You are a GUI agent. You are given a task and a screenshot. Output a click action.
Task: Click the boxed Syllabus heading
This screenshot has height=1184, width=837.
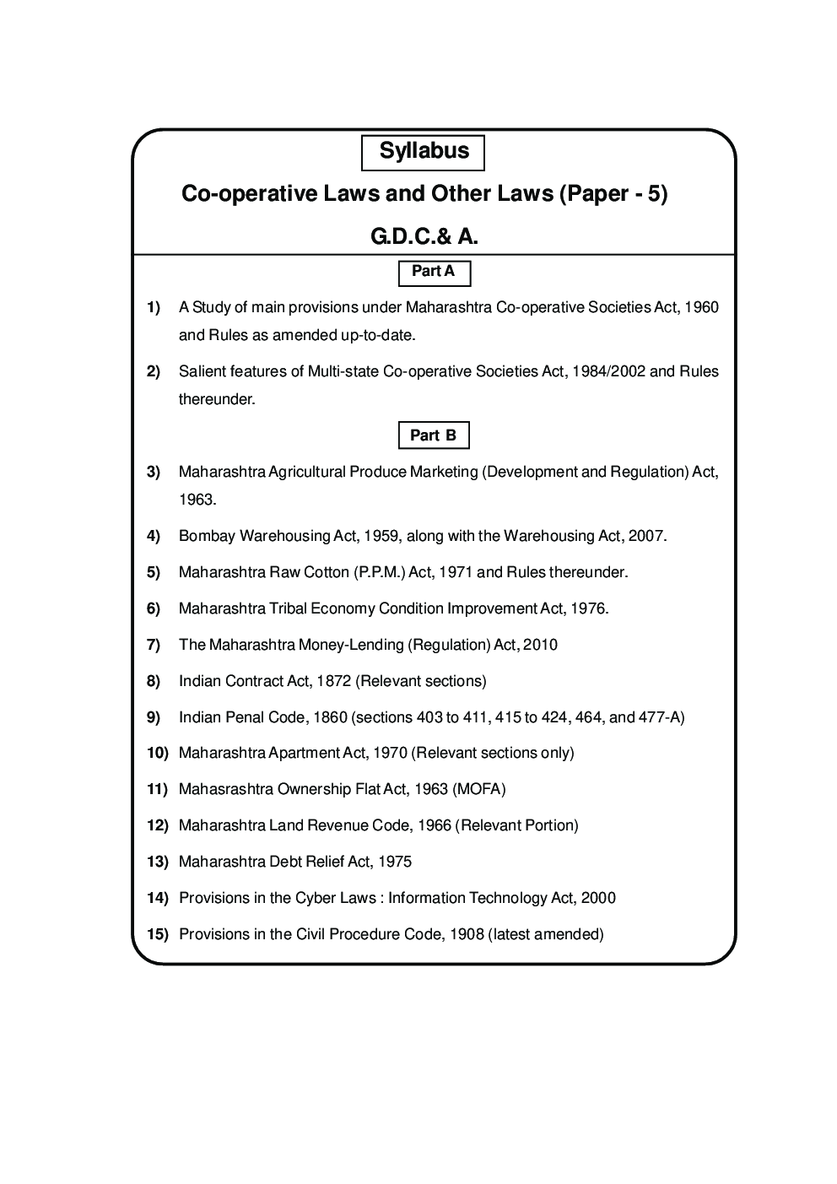(423, 152)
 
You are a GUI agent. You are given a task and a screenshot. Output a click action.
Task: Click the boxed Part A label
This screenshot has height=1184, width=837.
(434, 272)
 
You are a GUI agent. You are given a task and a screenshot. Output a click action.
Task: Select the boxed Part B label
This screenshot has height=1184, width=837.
(433, 435)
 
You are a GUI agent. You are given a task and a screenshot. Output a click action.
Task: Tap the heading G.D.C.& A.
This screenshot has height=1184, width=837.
(424, 237)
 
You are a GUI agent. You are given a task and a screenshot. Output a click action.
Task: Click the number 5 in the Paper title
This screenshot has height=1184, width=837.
(653, 194)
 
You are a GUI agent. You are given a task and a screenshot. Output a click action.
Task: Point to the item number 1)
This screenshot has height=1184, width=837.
(154, 307)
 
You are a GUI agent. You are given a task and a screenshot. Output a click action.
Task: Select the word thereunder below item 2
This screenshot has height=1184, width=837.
(216, 399)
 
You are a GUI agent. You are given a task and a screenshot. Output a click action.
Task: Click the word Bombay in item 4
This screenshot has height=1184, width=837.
(207, 536)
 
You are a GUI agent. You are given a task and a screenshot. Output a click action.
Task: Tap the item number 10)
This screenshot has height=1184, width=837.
(157, 753)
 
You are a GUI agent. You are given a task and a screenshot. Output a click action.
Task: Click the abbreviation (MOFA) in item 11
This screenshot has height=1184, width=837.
(478, 789)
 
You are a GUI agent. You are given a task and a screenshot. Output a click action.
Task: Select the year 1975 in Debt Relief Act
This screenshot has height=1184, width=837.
(394, 862)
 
